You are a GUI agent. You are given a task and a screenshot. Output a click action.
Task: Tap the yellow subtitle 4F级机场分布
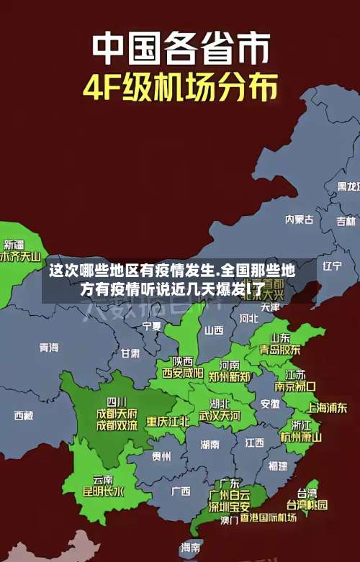(181, 89)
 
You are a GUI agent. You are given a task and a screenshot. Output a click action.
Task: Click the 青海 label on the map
(48, 348)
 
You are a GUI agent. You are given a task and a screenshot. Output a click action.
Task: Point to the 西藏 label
(23, 415)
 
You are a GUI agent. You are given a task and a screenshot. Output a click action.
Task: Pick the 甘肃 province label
(130, 353)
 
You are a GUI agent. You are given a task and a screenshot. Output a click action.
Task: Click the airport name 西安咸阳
(182, 373)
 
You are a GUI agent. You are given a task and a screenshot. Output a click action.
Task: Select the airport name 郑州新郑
(230, 376)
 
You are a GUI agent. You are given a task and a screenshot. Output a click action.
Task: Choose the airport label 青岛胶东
(280, 349)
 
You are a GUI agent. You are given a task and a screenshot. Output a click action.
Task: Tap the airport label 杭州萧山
(301, 436)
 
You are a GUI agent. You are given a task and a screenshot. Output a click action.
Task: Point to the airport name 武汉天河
(220, 416)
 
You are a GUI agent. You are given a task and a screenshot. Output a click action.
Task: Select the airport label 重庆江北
(168, 421)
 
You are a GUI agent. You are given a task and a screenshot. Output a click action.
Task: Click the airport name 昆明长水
(103, 492)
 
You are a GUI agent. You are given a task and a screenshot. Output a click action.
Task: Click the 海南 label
(191, 548)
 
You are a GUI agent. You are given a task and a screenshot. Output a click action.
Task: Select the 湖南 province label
(210, 445)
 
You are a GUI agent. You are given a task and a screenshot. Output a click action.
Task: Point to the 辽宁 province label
(332, 266)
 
